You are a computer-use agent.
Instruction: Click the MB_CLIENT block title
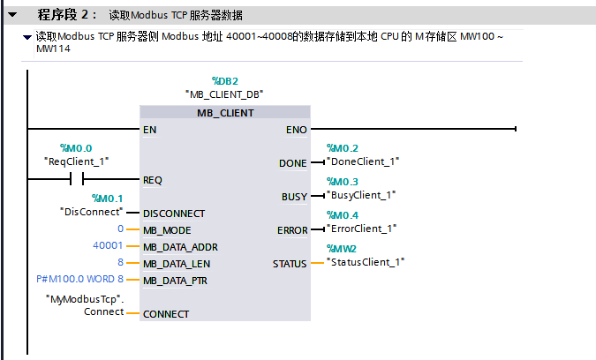[x=225, y=113]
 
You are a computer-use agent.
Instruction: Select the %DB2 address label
[x=224, y=80]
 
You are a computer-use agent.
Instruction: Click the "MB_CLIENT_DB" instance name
[x=225, y=94]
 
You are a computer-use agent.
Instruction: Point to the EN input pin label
[x=150, y=130]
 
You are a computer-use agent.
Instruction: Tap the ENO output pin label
[x=297, y=130]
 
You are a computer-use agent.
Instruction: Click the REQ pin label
[x=153, y=180]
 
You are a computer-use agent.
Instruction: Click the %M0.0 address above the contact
[x=75, y=148]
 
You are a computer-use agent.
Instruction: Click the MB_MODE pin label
[x=166, y=229]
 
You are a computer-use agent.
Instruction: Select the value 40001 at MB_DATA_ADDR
[x=108, y=246]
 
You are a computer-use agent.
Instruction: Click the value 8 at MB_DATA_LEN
[x=120, y=263]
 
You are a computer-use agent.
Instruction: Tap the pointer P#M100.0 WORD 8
[x=79, y=280]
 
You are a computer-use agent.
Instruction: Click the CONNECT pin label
[x=166, y=314]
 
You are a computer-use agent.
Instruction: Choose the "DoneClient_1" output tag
[x=364, y=161]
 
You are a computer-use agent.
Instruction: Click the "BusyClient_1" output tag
[x=362, y=195]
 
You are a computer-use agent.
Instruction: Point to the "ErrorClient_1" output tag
[x=363, y=229]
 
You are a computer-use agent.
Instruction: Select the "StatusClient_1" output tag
[x=366, y=262]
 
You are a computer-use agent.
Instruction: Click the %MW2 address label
[x=341, y=249]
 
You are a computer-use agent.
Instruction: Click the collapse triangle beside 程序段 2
[x=12, y=15]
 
